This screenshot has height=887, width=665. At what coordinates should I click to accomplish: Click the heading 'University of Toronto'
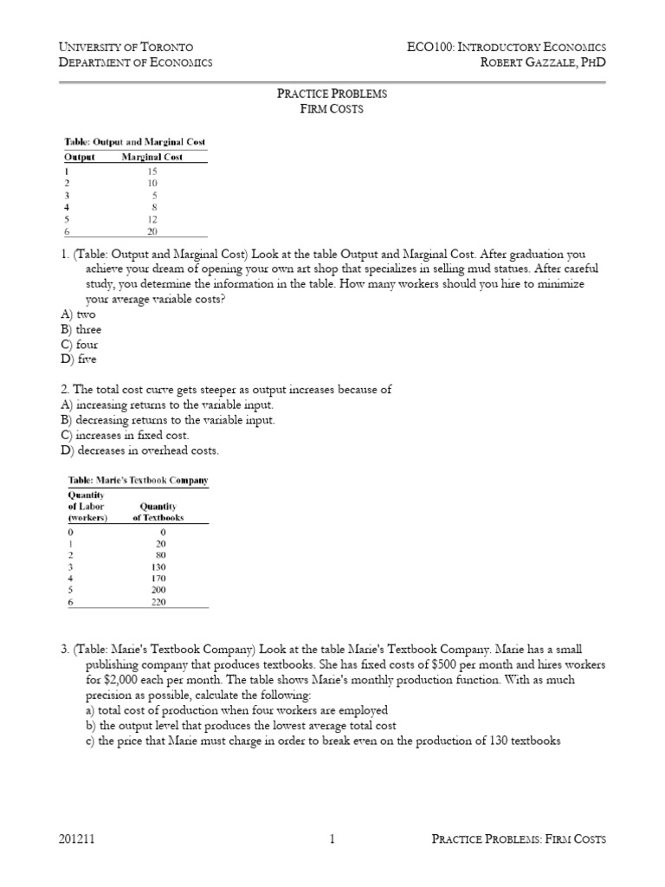pos(125,47)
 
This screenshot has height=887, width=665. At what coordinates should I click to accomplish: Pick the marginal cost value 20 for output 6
pos(152,231)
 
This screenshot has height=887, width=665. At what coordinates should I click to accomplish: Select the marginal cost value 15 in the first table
pos(152,171)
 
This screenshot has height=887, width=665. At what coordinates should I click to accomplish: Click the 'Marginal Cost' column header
pos(153,157)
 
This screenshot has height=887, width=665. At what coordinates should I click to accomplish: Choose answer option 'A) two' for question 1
pos(78,314)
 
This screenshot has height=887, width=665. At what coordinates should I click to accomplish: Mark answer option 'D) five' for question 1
pos(79,359)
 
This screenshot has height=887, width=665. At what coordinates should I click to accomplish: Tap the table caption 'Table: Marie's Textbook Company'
pos(137,480)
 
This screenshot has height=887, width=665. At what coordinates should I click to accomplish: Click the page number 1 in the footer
pos(332,838)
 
